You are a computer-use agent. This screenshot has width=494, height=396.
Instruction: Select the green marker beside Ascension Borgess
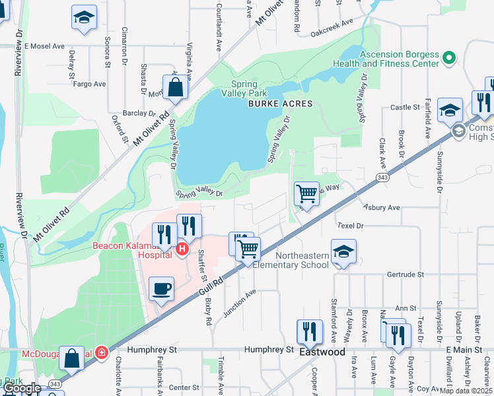[450, 58]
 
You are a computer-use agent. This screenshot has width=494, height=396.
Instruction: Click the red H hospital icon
[182, 249]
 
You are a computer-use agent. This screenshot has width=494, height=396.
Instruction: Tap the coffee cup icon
[162, 288]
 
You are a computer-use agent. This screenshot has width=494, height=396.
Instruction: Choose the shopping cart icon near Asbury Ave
[306, 193]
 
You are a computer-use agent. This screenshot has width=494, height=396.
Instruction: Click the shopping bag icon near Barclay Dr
[175, 87]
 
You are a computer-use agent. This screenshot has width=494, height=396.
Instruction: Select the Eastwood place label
[322, 352]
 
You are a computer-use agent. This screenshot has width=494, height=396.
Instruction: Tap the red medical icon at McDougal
[101, 352]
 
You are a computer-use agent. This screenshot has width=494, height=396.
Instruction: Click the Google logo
[22, 388]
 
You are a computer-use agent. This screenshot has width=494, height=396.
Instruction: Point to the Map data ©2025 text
[466, 391]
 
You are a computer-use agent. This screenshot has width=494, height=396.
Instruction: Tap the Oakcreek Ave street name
[332, 31]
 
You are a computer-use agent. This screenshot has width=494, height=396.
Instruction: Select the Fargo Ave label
[90, 84]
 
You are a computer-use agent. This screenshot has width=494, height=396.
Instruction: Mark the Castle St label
[405, 107]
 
